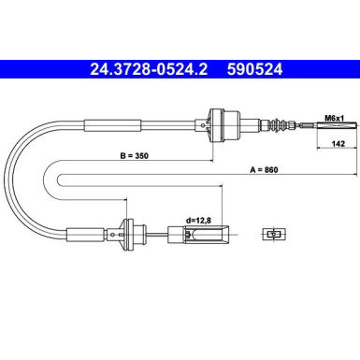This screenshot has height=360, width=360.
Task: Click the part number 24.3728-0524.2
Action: pyautogui.click(x=149, y=69)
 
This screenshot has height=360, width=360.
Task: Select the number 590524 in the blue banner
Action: pyautogui.click(x=254, y=69)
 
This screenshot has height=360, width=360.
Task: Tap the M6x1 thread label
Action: pyautogui.click(x=334, y=118)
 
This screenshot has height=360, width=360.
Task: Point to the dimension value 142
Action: pyautogui.click(x=338, y=144)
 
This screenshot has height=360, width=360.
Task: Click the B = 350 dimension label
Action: pyautogui.click(x=135, y=155)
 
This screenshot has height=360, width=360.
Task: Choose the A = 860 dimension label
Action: pyautogui.click(x=264, y=170)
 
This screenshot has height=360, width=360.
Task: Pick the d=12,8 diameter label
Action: pyautogui.click(x=198, y=221)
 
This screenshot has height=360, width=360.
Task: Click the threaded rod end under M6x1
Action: pyautogui.click(x=337, y=126)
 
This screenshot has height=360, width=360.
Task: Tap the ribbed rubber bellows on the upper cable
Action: pyautogui.click(x=277, y=125)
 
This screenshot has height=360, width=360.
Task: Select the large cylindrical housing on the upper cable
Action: pyautogui.click(x=224, y=125)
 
